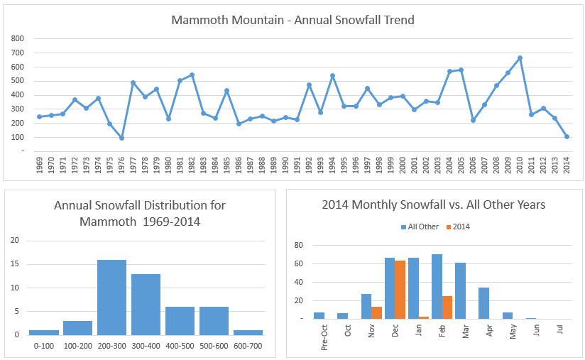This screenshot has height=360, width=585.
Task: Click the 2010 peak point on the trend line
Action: point(520,58)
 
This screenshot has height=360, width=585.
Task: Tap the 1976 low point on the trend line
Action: point(121,138)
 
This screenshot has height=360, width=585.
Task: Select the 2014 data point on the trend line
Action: point(567,136)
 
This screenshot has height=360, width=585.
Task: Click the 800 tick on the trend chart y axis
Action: point(18,38)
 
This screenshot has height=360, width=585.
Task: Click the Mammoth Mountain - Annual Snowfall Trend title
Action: point(292,20)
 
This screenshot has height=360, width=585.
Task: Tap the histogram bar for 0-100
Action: point(43,332)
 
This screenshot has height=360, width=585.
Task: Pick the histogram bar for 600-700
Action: point(248,332)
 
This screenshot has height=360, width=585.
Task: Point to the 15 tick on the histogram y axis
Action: point(15,264)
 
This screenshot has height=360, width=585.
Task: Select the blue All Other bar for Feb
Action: point(437,286)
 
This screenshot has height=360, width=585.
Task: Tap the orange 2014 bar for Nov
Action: point(378,312)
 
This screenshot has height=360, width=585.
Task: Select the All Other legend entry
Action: point(421,227)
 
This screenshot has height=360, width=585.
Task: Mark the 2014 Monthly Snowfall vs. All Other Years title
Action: point(433,205)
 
